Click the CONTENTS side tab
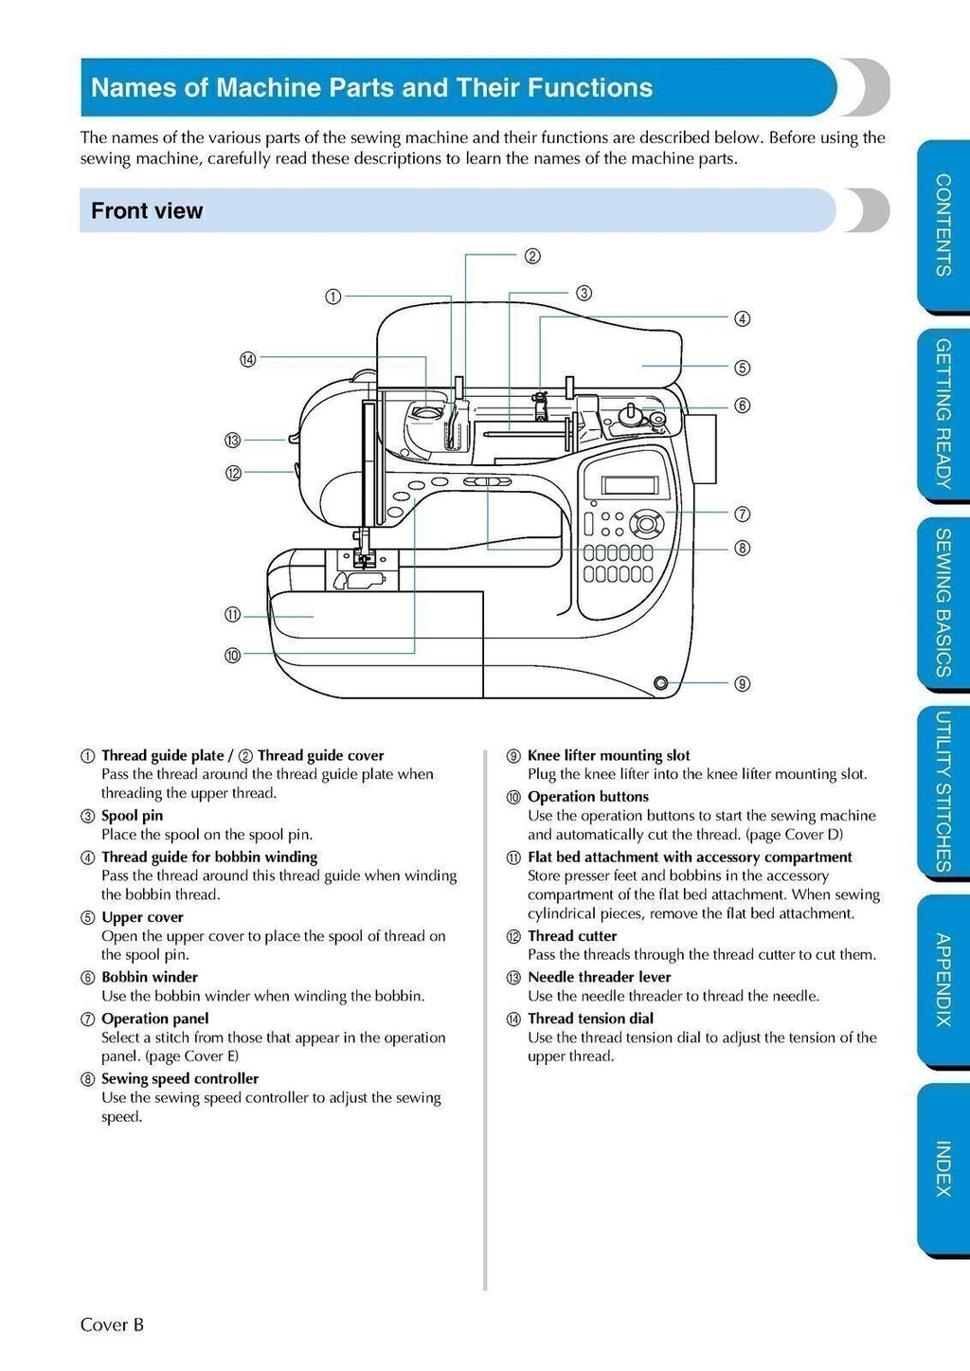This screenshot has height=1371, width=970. pos(943,225)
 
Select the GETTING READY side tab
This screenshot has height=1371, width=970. pos(943,413)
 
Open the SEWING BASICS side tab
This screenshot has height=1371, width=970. pos(943,603)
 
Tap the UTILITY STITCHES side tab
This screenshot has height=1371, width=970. pos(943,791)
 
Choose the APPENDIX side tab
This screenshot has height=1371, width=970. pos(943,980)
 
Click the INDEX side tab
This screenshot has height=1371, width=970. pos(943,1168)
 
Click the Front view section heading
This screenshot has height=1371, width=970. pos(147,210)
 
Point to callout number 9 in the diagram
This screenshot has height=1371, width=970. pos(743,683)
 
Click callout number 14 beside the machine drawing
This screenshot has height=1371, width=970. pos(247,359)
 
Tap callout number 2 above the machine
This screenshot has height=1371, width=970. pos(532,256)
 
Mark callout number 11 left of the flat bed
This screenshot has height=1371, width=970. pos(233,615)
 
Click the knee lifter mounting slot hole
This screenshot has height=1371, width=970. pos(660,682)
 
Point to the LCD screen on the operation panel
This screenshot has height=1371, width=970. pos(630,485)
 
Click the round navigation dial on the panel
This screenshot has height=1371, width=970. pos(647,522)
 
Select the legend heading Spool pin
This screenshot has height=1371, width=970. pos(132,816)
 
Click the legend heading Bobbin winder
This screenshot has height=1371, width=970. pos(150,977)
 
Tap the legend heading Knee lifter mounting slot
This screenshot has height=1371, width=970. pos(608,755)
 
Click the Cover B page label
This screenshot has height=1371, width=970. pos(112,1325)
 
